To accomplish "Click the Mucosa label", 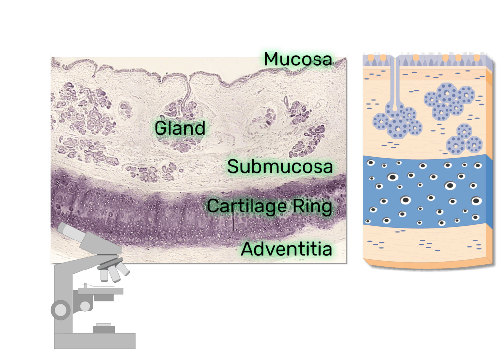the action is pyautogui.click(x=298, y=60).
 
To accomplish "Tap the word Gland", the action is pyautogui.click(x=180, y=128).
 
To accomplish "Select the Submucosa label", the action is pyautogui.click(x=280, y=166).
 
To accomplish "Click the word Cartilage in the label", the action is pyautogui.click(x=247, y=207).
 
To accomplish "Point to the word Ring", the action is pyautogui.click(x=312, y=207).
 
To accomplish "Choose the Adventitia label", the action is pyautogui.click(x=286, y=249).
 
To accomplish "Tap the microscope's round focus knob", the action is pyautogui.click(x=61, y=310).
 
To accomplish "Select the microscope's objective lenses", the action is pyautogui.click(x=115, y=270).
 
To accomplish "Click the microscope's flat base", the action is pyautogui.click(x=95, y=341).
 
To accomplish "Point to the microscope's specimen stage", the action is pyautogui.click(x=100, y=291).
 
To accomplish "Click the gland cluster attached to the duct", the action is pyautogui.click(x=398, y=122).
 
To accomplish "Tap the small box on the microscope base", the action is pyautogui.click(x=104, y=329).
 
